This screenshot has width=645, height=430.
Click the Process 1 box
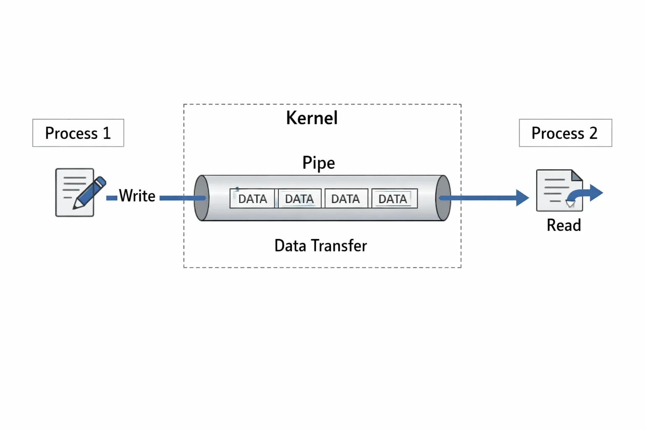(x=79, y=133)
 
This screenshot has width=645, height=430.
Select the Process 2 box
(x=566, y=133)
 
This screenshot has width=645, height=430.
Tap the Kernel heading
(x=312, y=118)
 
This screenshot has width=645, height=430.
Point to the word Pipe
(x=319, y=163)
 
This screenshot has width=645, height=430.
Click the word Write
(x=137, y=196)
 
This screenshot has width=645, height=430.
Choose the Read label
(x=564, y=225)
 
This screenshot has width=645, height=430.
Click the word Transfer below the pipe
(x=339, y=246)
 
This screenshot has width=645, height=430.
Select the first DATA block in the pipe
(x=252, y=199)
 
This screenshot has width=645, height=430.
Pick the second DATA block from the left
(x=299, y=199)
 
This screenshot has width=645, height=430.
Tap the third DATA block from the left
(x=346, y=199)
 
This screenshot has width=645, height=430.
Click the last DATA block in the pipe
(x=394, y=199)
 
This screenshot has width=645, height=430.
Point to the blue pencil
(x=89, y=193)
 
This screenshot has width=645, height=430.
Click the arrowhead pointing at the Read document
(x=522, y=198)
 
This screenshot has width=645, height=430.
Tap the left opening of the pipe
(x=202, y=198)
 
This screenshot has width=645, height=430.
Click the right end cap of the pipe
(x=443, y=198)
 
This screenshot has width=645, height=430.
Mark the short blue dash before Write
(x=112, y=198)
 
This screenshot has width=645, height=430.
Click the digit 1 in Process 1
(x=107, y=133)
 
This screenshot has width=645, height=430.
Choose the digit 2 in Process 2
(x=593, y=133)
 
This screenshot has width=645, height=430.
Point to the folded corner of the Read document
(x=577, y=176)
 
